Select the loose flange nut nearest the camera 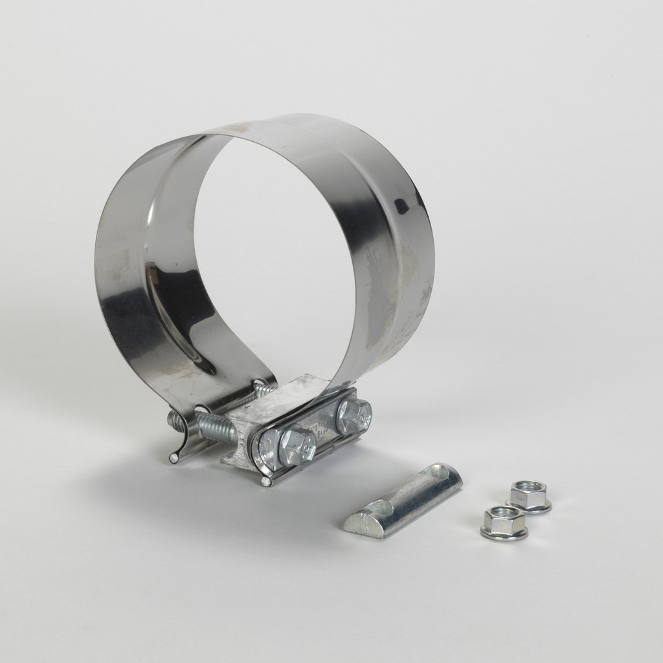click(504, 522)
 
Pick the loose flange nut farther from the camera click(529, 495)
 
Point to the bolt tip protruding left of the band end click(174, 420)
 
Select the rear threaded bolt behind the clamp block click(263, 390)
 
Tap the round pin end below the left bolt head click(265, 482)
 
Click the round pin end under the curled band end click(174, 458)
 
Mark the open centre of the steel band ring click(275, 253)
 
